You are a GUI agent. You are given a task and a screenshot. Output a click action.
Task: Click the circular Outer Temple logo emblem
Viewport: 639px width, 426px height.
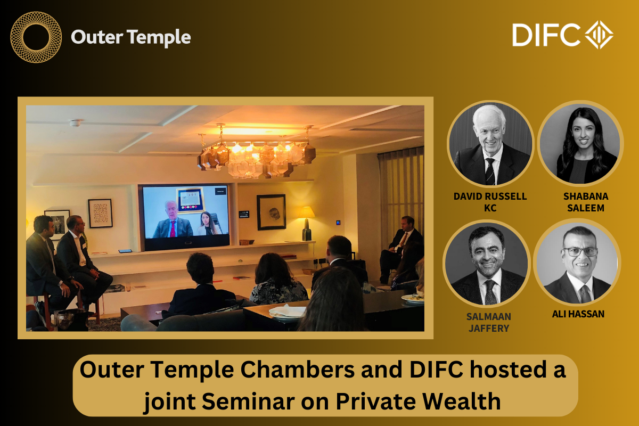pyautogui.click(x=36, y=37)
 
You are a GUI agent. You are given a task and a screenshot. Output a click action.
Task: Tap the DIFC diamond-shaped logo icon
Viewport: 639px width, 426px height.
pyautogui.click(x=599, y=35)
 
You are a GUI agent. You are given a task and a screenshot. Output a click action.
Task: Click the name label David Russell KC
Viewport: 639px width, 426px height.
pyautogui.click(x=490, y=202)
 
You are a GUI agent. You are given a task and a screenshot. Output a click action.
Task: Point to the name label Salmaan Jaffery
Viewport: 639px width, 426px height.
pyautogui.click(x=488, y=322)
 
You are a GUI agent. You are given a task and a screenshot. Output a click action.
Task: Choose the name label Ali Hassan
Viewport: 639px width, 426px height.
pyautogui.click(x=578, y=314)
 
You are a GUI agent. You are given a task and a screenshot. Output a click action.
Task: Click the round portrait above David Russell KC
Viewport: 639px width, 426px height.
pyautogui.click(x=490, y=144)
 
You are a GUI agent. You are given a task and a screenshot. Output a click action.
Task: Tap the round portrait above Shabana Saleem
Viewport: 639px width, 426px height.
pyautogui.click(x=580, y=144)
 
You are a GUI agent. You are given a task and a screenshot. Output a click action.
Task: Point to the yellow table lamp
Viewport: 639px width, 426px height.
pyautogui.click(x=306, y=219)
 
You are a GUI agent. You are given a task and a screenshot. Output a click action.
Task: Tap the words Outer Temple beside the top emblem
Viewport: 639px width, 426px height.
pyautogui.click(x=130, y=37)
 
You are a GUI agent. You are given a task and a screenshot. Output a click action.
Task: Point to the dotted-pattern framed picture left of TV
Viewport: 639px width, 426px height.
pyautogui.click(x=100, y=213)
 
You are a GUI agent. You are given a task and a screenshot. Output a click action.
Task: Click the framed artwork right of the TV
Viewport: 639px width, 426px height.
pyautogui.click(x=271, y=211)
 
